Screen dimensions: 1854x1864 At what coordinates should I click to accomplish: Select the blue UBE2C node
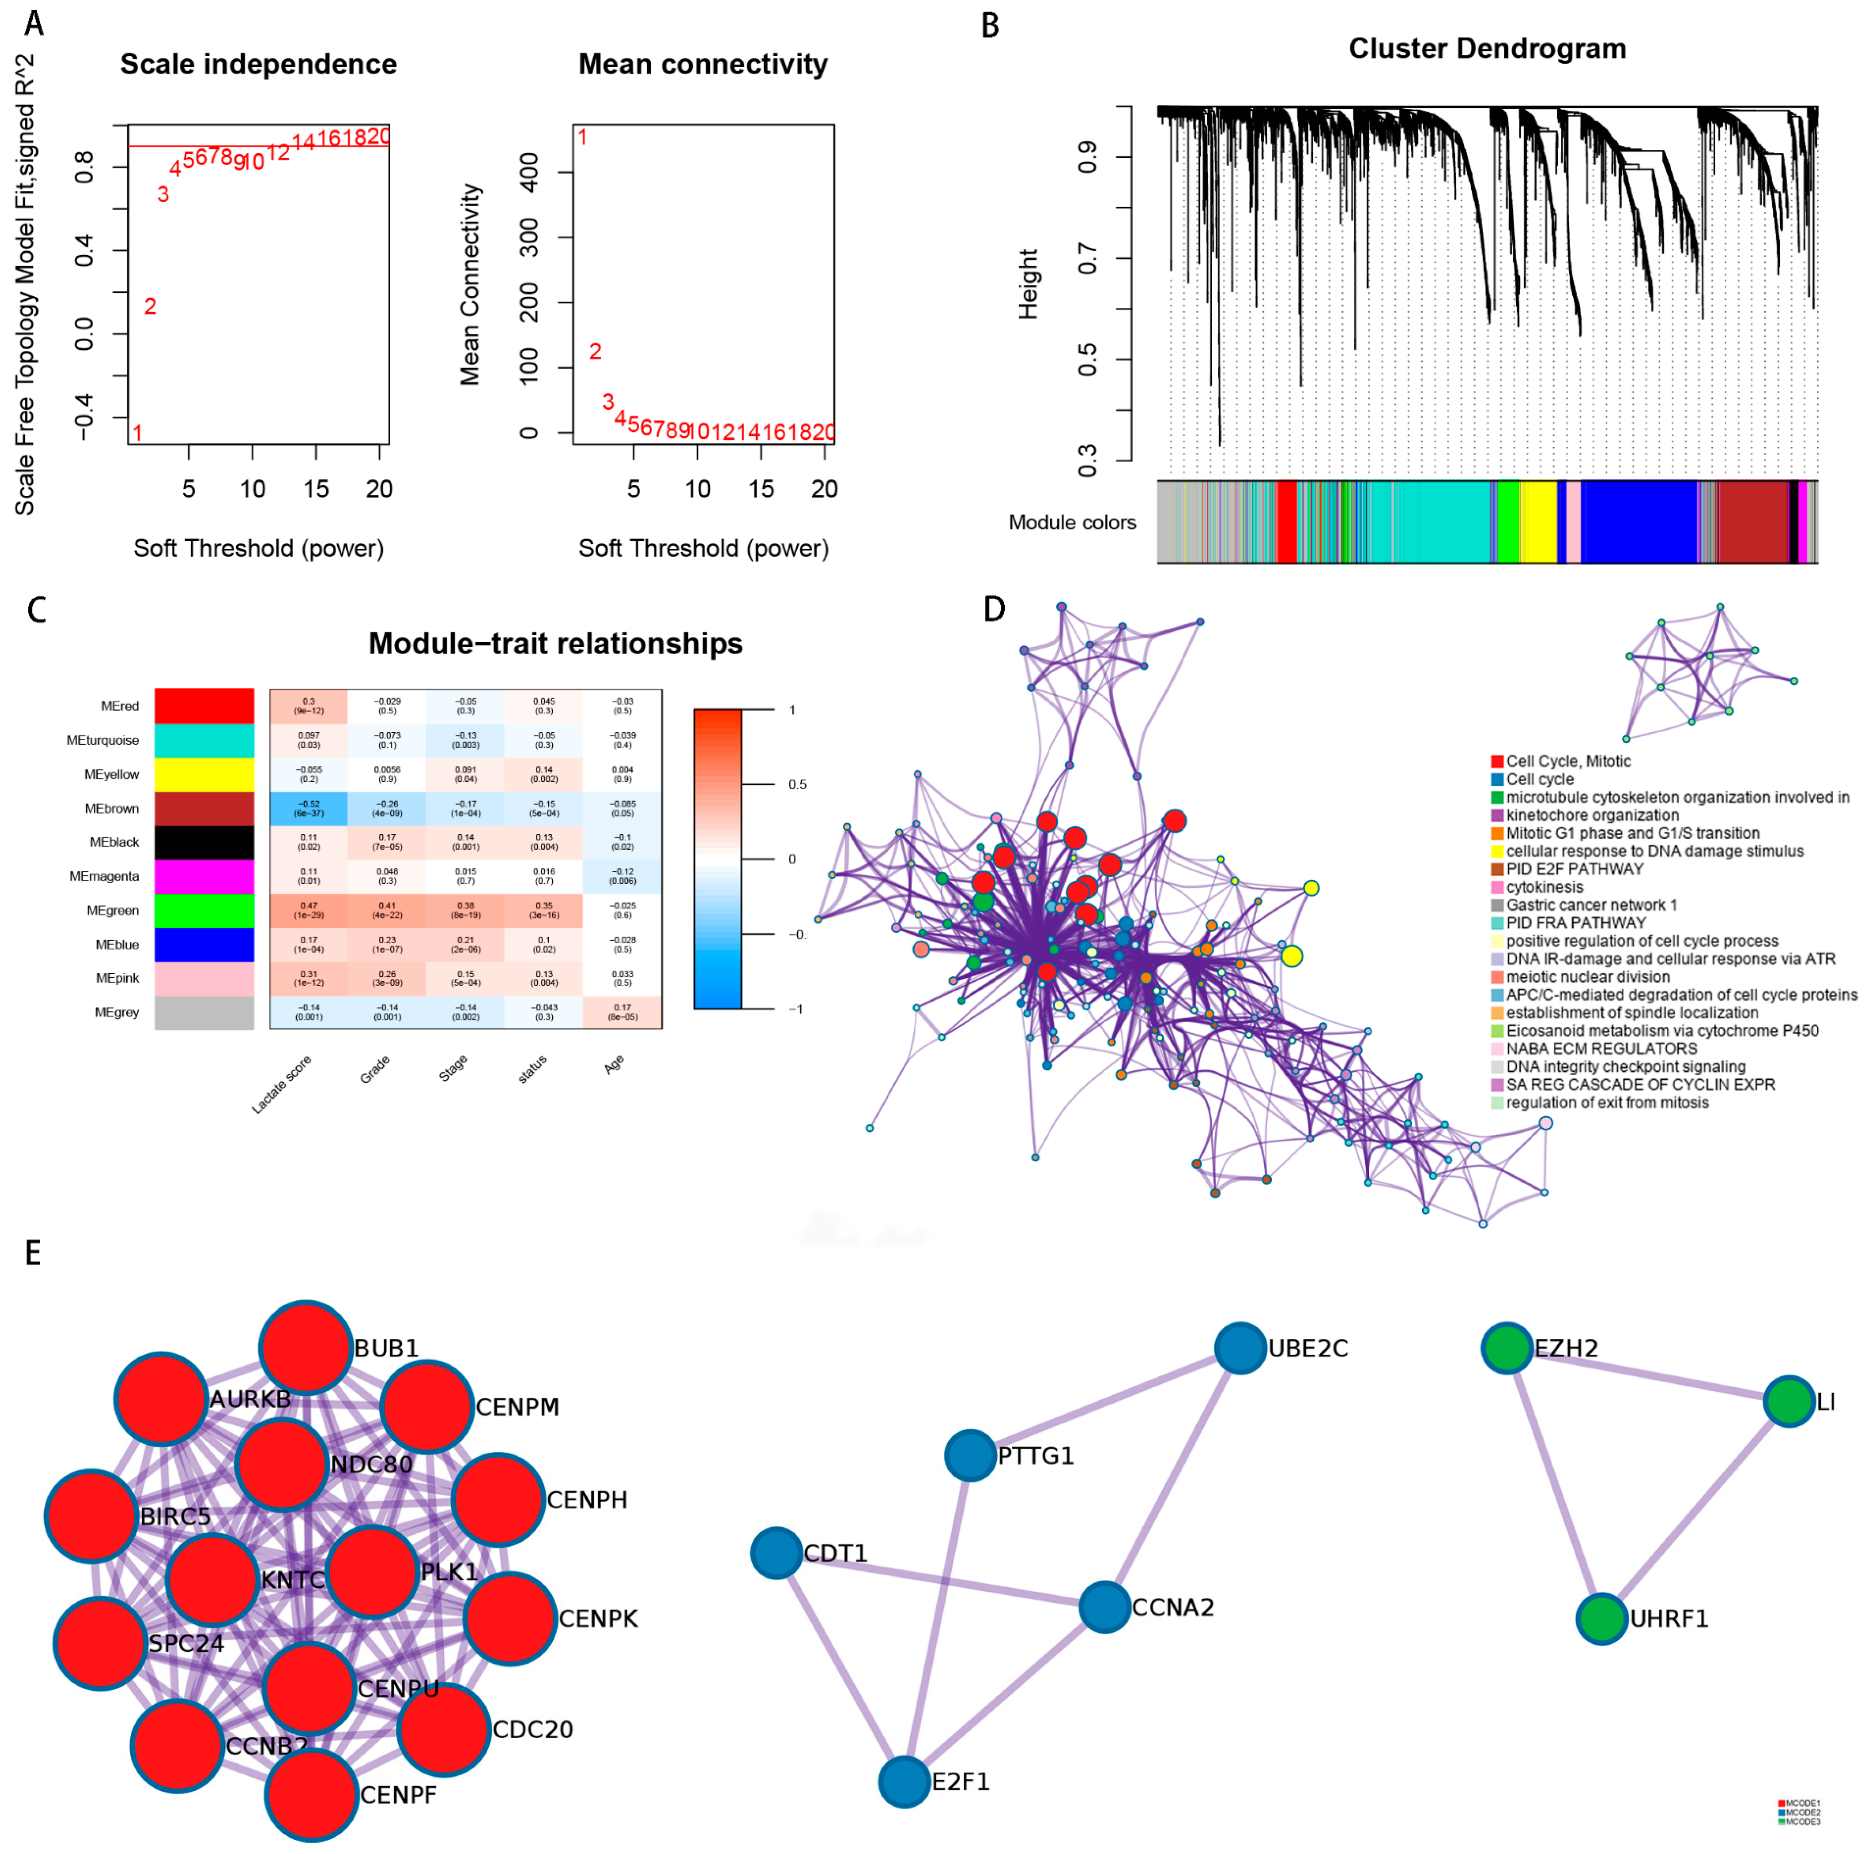pyautogui.click(x=1240, y=1348)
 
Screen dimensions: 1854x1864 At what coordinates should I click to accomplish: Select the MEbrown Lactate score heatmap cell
pyautogui.click(x=309, y=808)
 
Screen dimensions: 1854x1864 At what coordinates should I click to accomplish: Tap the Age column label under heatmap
pyautogui.click(x=614, y=1064)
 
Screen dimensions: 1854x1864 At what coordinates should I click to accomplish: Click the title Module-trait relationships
pyautogui.click(x=555, y=643)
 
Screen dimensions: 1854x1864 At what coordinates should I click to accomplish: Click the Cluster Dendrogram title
pyautogui.click(x=1487, y=48)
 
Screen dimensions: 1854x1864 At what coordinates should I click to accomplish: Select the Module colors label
pyautogui.click(x=1072, y=522)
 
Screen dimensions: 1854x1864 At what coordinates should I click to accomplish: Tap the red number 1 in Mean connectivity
pyautogui.click(x=582, y=137)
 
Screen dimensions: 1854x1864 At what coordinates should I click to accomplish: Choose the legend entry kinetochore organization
pyautogui.click(x=1592, y=815)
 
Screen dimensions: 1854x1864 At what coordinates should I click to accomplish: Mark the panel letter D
pyautogui.click(x=993, y=609)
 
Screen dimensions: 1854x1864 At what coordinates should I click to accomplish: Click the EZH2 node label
pyautogui.click(x=1566, y=1348)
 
